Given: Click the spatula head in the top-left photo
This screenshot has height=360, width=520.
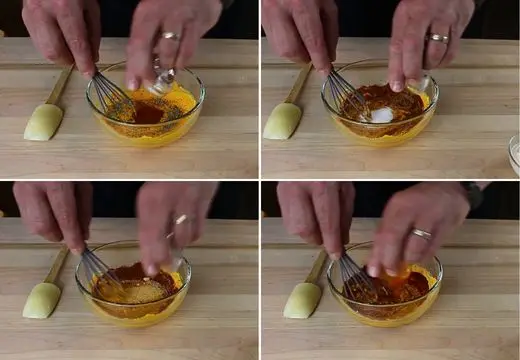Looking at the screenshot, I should (43, 122).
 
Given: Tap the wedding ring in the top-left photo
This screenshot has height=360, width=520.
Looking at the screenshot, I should (171, 37).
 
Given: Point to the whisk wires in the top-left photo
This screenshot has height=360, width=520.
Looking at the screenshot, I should (113, 95).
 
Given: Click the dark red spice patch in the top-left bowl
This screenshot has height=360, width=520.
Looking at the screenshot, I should (148, 112).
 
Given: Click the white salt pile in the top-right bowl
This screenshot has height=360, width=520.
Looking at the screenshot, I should (381, 115).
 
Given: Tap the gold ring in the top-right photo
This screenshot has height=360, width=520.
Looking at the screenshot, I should (439, 38).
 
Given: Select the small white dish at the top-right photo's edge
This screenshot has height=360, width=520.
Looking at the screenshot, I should (514, 155).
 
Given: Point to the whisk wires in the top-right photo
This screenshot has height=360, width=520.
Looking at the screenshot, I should (344, 92).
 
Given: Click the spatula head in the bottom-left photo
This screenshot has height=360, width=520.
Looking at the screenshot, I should (42, 300).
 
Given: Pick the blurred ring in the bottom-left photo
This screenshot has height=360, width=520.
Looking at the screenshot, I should (180, 219).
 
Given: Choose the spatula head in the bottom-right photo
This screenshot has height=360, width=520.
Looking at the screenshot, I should (301, 299).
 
